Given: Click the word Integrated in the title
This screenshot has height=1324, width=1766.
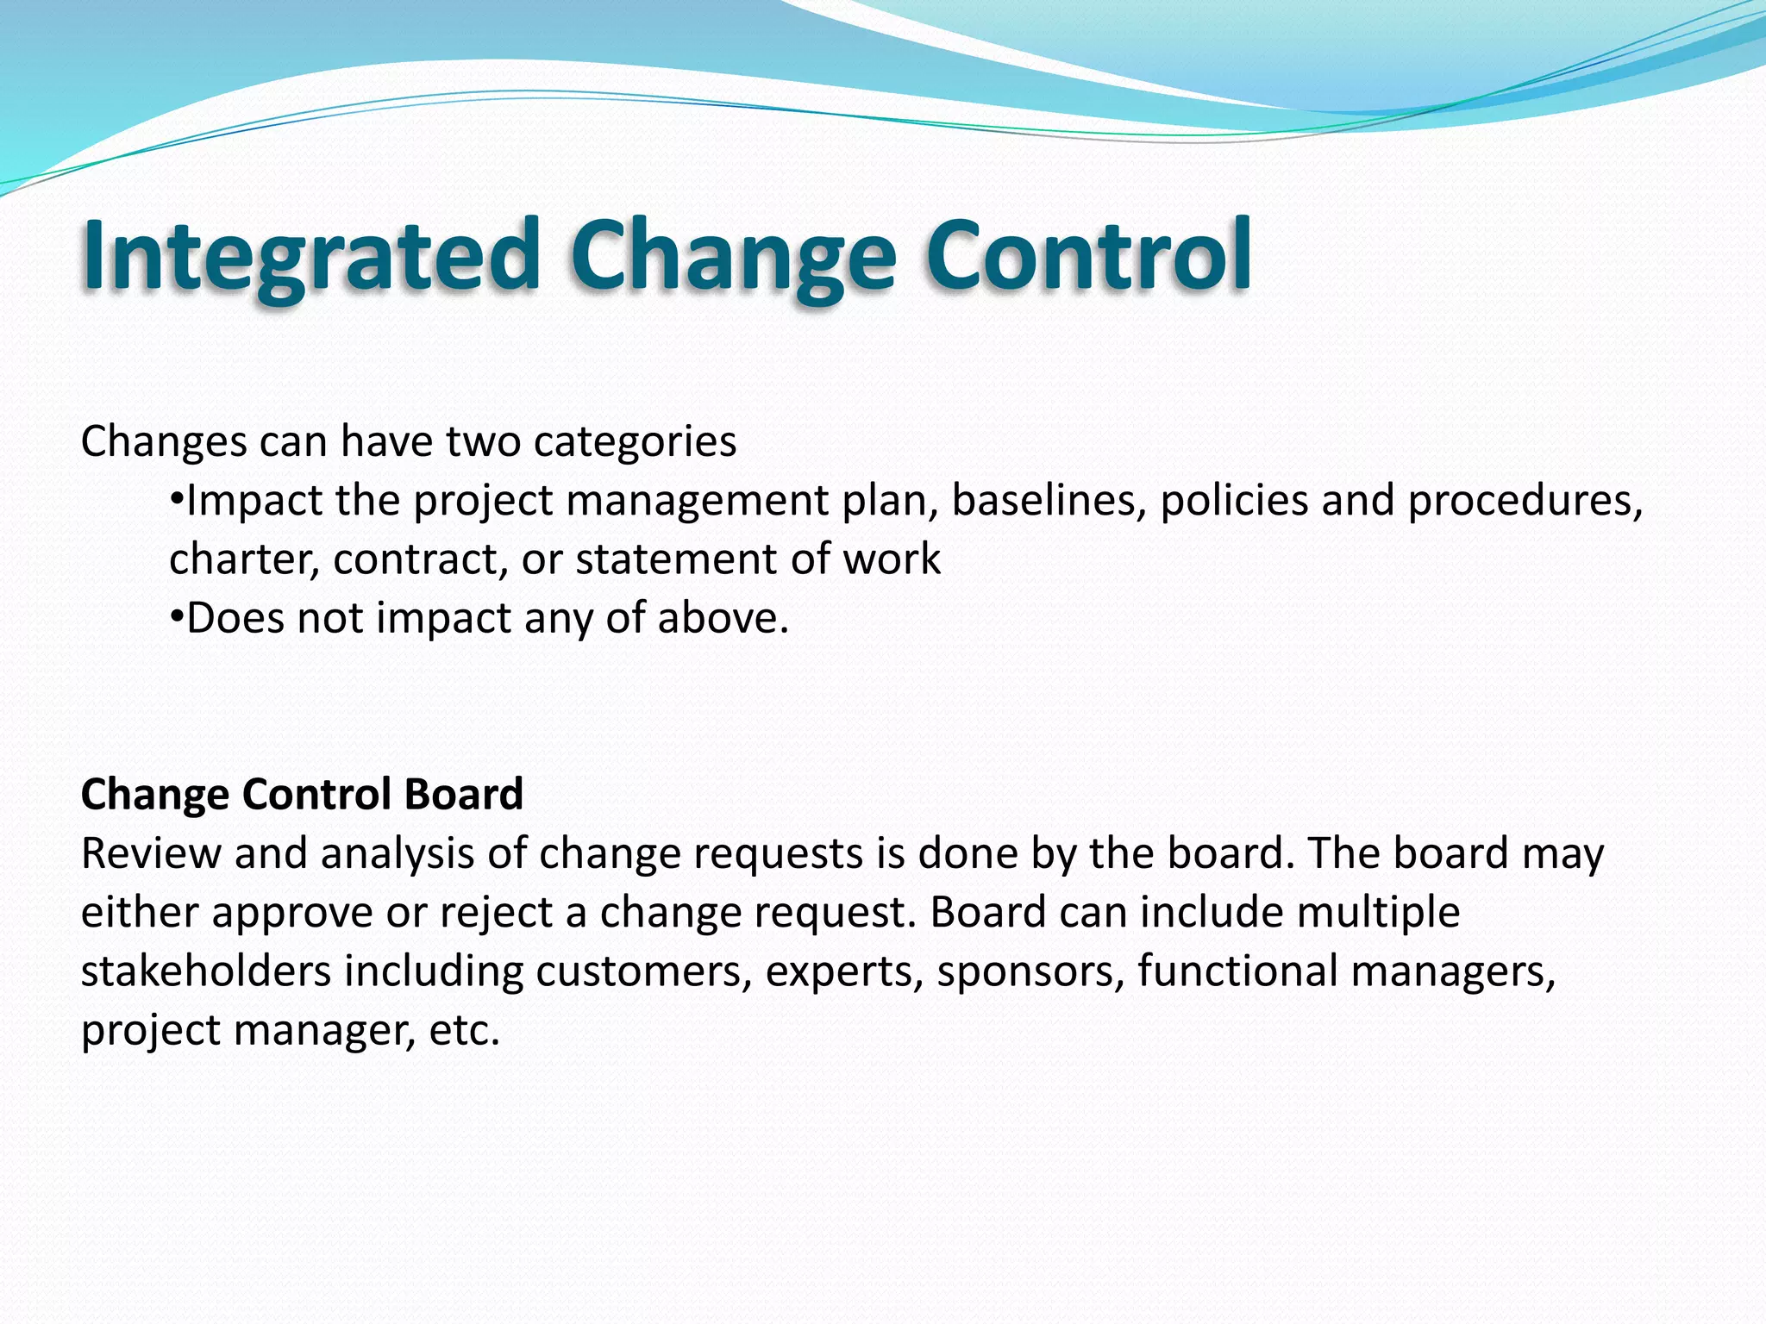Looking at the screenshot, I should pyautogui.click(x=310, y=256).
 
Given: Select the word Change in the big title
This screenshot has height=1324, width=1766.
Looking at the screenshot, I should pyautogui.click(x=732, y=256).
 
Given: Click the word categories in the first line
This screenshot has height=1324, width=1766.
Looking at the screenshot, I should pyautogui.click(x=635, y=442).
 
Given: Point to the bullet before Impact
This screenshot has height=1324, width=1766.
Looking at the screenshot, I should pyautogui.click(x=177, y=499).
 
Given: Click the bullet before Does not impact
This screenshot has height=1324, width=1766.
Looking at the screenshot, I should pyautogui.click(x=177, y=617).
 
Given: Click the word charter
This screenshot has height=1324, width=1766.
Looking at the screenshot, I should pyautogui.click(x=244, y=559).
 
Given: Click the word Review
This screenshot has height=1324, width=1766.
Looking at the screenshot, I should pyautogui.click(x=151, y=854).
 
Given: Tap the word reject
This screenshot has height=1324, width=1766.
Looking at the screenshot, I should pyautogui.click(x=496, y=913).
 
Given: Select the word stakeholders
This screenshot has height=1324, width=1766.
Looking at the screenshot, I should pyautogui.click(x=206, y=971).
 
